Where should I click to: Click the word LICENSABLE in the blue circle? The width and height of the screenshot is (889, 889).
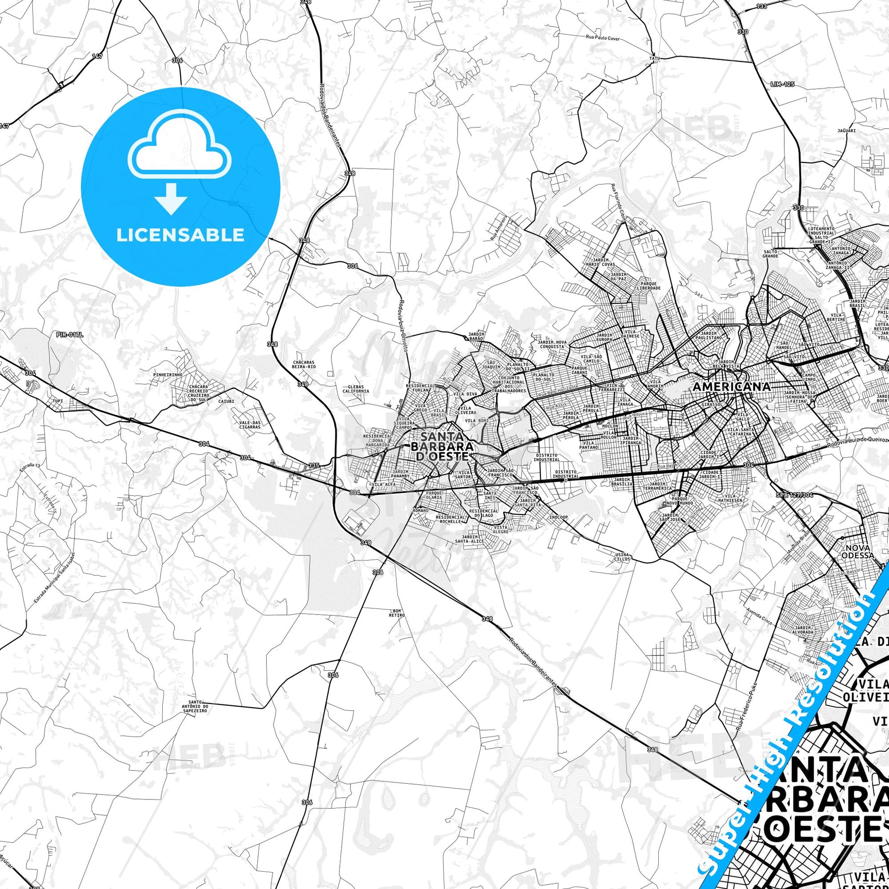pos(180,235)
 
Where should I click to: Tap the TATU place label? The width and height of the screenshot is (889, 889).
pos(654,59)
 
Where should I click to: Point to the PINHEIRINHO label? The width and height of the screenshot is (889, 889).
pos(169,375)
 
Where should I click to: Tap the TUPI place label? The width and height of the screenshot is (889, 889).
pos(58,401)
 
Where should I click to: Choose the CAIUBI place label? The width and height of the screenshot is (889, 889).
pos(226,401)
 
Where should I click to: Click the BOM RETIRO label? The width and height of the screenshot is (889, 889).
pos(396,613)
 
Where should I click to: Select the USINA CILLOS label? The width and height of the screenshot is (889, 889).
pos(621,557)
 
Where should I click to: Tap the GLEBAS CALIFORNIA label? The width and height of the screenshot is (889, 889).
pos(356,389)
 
